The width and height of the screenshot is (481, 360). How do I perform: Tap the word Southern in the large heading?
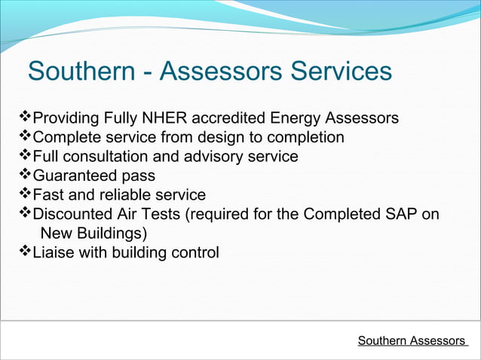tap(83, 72)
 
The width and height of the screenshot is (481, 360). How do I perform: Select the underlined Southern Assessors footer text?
tap(412, 341)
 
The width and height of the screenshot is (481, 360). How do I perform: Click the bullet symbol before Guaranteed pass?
tap(24, 175)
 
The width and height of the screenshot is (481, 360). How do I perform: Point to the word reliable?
tap(123, 195)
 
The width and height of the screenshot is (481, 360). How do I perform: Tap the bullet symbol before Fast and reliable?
tap(24, 194)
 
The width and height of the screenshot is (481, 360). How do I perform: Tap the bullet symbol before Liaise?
tap(24, 251)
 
